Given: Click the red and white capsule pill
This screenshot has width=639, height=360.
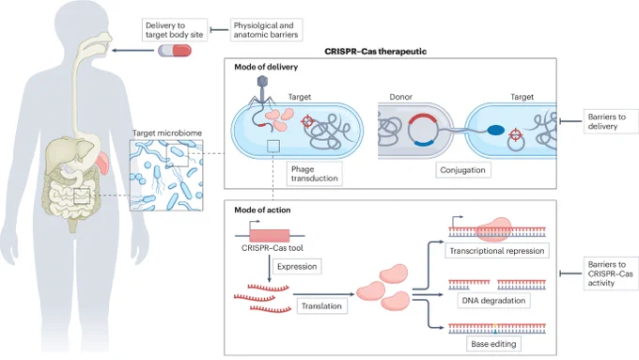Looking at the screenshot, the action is pos(175,51).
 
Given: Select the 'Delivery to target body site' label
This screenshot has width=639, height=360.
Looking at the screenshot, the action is pos(175,30).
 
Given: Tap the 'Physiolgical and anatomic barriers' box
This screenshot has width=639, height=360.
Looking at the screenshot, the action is pos(266,30).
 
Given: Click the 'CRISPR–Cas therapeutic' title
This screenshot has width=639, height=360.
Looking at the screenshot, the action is pos(375,52).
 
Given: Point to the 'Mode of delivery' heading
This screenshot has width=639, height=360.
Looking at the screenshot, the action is pos(266,67).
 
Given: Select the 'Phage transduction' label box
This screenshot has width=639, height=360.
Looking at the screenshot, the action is pos(314,174).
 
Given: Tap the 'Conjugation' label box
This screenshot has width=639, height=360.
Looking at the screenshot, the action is pos(462,170).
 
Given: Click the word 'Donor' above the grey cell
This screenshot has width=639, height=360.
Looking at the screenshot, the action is pos(400,97).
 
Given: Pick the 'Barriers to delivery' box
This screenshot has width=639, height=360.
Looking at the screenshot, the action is pos(611,121).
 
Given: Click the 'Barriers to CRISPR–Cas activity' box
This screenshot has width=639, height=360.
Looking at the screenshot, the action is pos(611,274).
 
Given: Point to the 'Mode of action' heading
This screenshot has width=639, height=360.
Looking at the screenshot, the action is pos(262,210).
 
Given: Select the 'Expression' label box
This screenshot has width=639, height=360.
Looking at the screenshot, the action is pos(297,267).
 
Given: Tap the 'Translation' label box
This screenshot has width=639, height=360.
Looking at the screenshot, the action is pos(321,305).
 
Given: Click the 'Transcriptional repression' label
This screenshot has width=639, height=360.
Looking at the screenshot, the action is pos(497,251).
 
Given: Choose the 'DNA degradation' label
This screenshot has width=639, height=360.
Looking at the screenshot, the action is pos(493,301).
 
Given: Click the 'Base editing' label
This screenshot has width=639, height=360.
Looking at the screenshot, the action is pos(493,344).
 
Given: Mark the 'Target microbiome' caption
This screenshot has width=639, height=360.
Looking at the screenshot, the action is pos(167,133).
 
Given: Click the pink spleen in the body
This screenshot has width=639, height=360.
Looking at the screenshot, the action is pos(102,163).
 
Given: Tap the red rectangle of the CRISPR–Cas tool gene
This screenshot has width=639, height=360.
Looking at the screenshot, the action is pos(270,236).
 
